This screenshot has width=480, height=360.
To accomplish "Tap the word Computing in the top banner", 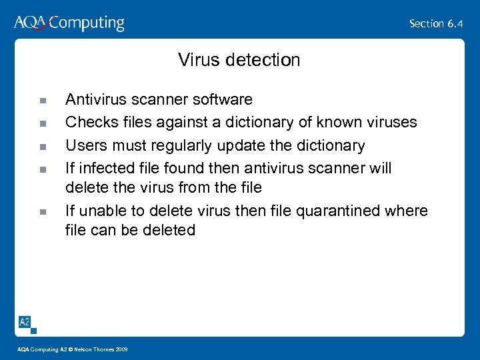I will click(x=87, y=24).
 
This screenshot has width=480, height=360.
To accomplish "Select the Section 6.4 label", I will click(x=436, y=23).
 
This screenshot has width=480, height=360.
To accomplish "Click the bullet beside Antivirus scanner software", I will click(x=42, y=101).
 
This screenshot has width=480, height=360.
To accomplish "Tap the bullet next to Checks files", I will click(x=42, y=123).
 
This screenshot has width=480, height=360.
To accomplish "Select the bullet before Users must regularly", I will click(x=42, y=146).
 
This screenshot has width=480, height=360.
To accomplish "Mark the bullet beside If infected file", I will click(x=42, y=169).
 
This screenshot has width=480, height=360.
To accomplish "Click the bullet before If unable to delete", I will click(x=42, y=212).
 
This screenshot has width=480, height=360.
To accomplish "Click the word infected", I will click(x=105, y=168).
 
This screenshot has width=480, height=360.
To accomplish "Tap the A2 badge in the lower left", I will click(x=24, y=322).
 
